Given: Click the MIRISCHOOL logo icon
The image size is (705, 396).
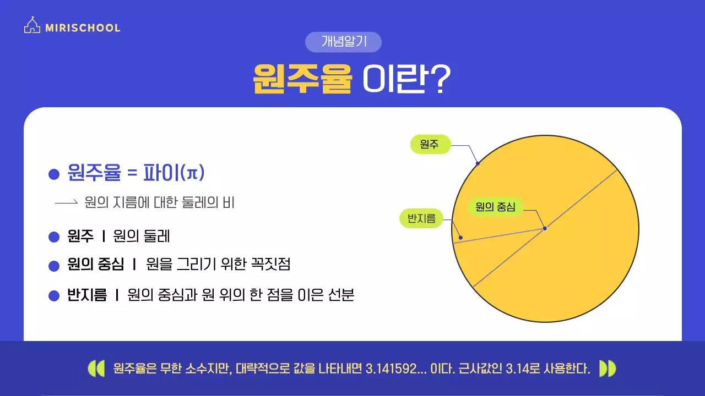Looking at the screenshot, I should tap(32, 25).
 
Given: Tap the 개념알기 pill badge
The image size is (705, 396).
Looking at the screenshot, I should tap(343, 42).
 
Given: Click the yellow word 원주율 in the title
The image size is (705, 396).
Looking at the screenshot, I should tap(302, 79).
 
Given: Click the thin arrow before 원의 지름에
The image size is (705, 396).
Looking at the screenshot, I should tap(66, 202).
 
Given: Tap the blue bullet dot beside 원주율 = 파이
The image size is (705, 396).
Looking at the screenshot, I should tap(54, 174).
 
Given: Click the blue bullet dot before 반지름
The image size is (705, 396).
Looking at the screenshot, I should tap(54, 296).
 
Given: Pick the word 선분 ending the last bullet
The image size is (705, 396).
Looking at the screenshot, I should tap(340, 295).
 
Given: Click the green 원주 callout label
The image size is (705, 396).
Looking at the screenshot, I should tap(430, 145).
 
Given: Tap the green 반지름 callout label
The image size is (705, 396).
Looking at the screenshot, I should tap(421, 219).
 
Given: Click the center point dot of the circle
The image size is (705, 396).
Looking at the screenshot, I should tap(545, 228).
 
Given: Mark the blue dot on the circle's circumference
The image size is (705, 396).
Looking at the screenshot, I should tap(478, 163).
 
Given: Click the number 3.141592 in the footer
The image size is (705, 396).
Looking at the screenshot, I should tap(389, 369).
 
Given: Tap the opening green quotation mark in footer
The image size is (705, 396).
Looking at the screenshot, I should tap(96, 369).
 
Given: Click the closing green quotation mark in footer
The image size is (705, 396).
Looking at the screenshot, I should tap(608, 369).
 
